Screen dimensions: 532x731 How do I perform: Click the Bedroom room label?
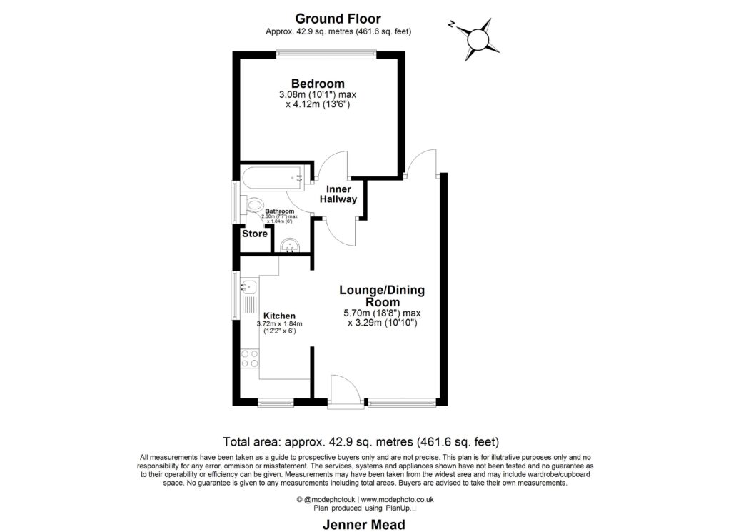tap(318, 83)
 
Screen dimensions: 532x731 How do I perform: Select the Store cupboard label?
tap(255, 234)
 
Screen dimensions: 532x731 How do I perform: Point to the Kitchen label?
tap(279, 316)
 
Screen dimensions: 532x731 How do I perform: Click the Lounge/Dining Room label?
tap(382, 296)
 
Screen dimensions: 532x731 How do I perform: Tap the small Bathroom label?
tap(280, 211)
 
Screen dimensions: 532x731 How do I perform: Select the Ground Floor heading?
tap(338, 19)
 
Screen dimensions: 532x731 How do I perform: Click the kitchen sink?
tap(248, 287)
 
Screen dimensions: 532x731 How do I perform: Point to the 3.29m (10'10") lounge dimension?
tap(382, 323)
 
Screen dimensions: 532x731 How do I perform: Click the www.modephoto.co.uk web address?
tap(398, 500)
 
